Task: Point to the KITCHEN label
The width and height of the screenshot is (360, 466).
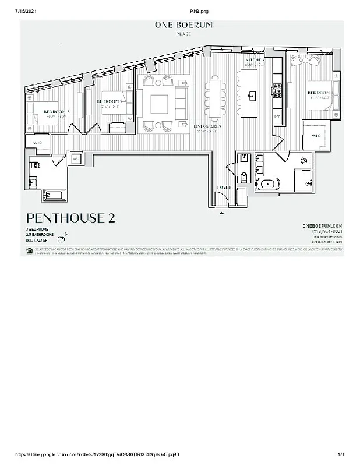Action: point(255,60)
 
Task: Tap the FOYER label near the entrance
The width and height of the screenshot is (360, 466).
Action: point(224,188)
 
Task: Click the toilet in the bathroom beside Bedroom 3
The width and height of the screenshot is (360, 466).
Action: point(35,165)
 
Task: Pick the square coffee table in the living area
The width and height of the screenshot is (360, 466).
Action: point(159,104)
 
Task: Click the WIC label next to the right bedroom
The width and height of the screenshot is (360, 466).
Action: point(316,136)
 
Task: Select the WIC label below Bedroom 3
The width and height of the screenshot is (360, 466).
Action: point(37,142)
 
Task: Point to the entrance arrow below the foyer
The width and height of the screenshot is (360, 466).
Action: point(221,213)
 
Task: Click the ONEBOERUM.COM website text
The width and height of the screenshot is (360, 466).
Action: point(322,225)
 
